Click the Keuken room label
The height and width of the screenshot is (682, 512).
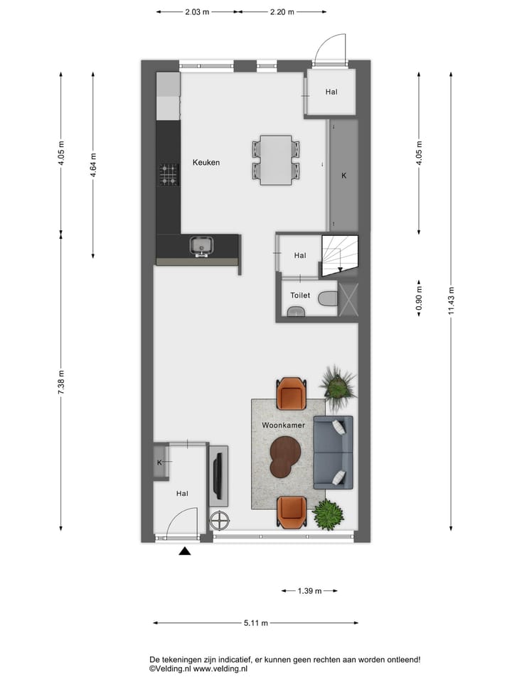[x=206, y=163]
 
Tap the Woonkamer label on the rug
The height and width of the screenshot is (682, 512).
[x=283, y=426]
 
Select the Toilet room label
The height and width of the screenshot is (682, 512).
[x=300, y=296]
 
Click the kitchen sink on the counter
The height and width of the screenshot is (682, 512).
[x=201, y=246]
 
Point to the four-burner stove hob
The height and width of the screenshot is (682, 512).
[x=169, y=174]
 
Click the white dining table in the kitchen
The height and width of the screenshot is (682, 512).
[x=276, y=160]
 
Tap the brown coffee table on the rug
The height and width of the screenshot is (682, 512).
[x=284, y=455]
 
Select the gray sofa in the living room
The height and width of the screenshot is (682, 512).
[x=333, y=452]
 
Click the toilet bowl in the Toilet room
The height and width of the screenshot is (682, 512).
[x=328, y=298]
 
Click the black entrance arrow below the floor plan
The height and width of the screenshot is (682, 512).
[x=185, y=551]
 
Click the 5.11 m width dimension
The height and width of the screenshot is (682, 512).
[x=255, y=624]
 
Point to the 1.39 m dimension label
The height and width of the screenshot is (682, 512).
[x=309, y=591]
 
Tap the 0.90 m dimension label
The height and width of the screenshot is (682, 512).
[x=419, y=298]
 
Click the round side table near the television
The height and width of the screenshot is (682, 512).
[x=220, y=521]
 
